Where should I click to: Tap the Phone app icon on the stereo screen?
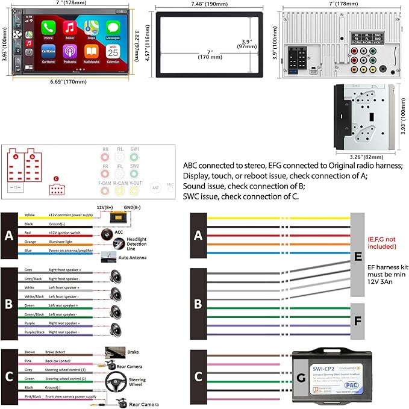click(49, 28)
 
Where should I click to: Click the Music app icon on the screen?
click(70, 28)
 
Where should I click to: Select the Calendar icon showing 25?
click(112, 51)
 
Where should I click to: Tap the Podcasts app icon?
click(70, 51)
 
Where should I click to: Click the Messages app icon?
click(112, 28)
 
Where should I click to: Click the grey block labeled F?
click(358, 322)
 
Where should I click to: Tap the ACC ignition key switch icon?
click(109, 233)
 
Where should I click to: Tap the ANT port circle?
click(155, 187)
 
